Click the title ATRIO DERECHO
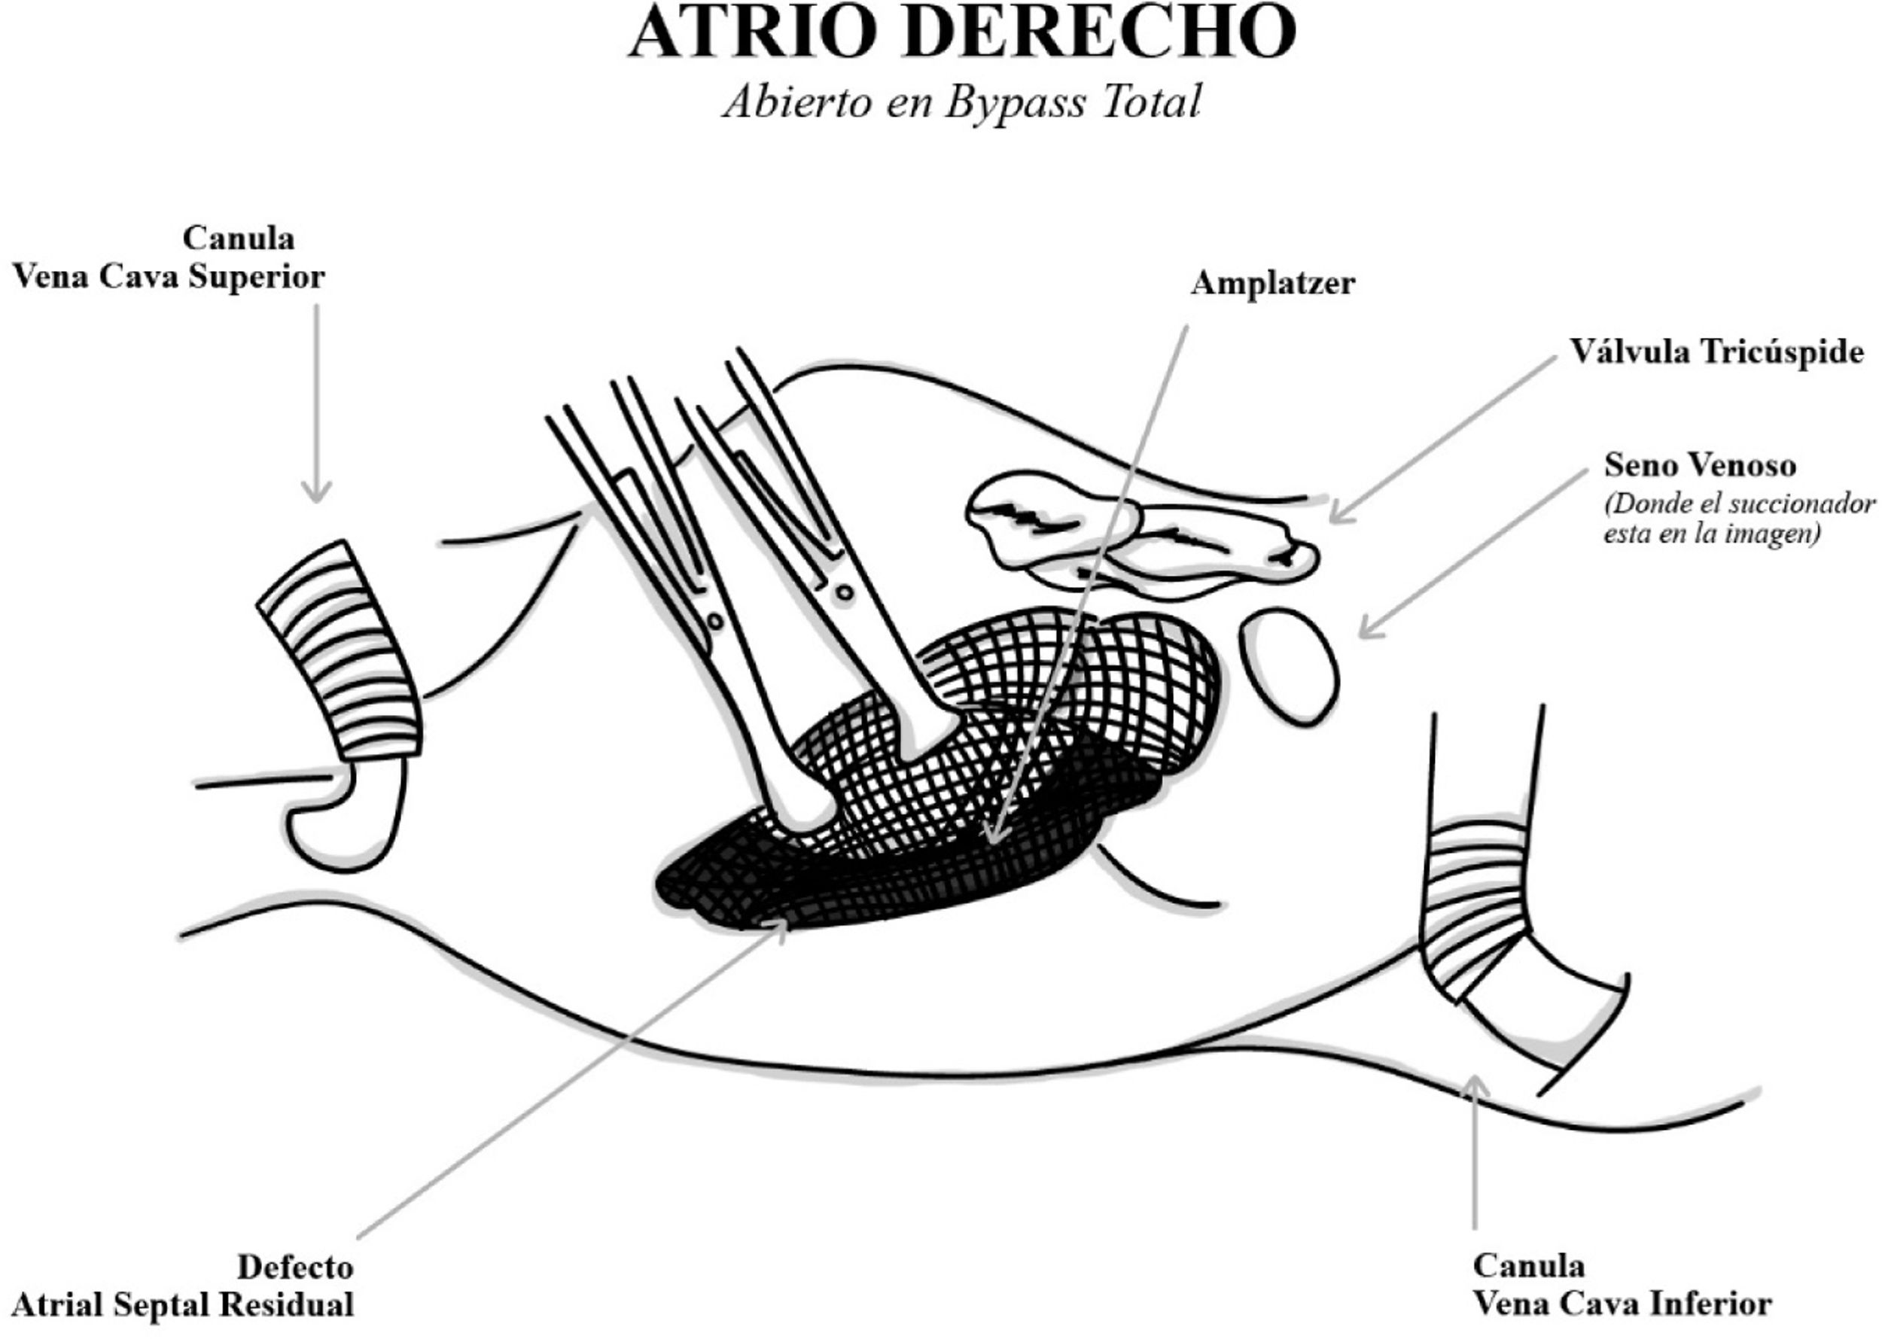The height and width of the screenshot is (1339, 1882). pyautogui.click(x=961, y=33)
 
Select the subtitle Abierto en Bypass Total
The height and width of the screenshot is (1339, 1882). pyautogui.click(x=961, y=103)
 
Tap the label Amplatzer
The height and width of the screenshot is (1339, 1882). pyautogui.click(x=1272, y=284)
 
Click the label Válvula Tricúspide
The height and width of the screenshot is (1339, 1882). pyautogui.click(x=1716, y=352)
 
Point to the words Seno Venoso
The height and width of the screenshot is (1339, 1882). pyautogui.click(x=1700, y=466)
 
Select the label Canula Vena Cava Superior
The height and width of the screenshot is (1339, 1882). pyautogui.click(x=169, y=257)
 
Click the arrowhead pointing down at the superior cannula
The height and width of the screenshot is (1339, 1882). pyautogui.click(x=317, y=494)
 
